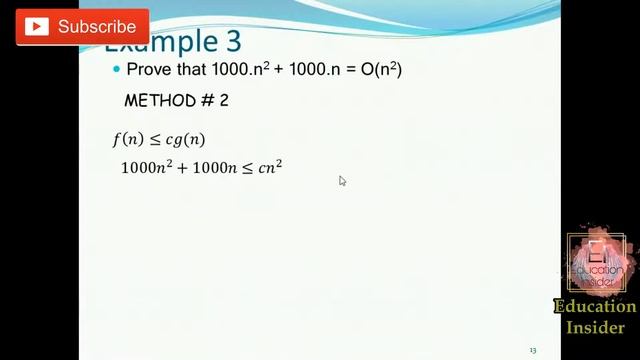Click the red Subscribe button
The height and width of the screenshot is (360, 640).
pyautogui.click(x=82, y=27)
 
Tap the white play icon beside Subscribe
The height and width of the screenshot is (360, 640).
pyautogui.click(x=38, y=27)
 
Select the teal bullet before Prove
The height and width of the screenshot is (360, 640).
pyautogui.click(x=116, y=69)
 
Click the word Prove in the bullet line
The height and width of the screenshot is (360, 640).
pyautogui.click(x=149, y=69)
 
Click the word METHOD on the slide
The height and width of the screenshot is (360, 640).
pyautogui.click(x=158, y=101)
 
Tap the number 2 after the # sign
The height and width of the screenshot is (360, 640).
pyautogui.click(x=225, y=101)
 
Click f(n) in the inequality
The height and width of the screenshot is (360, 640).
pyautogui.click(x=129, y=139)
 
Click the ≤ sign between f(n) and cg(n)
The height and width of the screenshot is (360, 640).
pyautogui.click(x=155, y=139)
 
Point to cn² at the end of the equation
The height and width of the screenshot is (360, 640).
pyautogui.click(x=270, y=167)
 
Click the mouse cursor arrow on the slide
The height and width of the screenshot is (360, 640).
pyautogui.click(x=342, y=181)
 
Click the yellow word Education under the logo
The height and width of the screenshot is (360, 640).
pyautogui.click(x=595, y=307)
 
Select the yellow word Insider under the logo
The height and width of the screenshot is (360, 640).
pyautogui.click(x=596, y=327)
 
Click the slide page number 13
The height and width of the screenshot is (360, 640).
pyautogui.click(x=533, y=350)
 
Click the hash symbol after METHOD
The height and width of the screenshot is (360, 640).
pyautogui.click(x=206, y=101)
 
